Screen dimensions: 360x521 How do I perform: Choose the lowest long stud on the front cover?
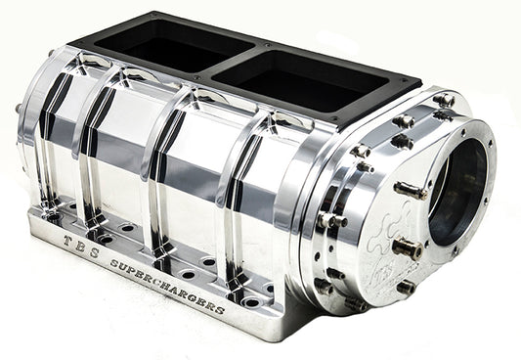[x=404, y=288]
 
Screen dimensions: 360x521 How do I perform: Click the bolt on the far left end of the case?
[x=19, y=109]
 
